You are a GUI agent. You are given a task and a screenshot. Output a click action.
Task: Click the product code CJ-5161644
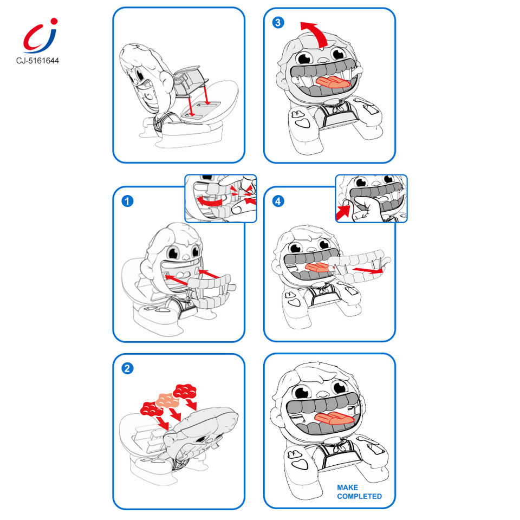click(37, 61)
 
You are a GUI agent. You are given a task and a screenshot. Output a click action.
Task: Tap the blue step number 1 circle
click(127, 201)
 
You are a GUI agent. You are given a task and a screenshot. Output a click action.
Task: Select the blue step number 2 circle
click(127, 368)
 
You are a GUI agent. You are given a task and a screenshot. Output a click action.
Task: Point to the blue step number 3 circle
click(278, 23)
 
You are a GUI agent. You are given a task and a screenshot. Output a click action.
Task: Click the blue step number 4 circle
click(278, 201)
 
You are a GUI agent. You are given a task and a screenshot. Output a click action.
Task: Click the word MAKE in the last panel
click(347, 487)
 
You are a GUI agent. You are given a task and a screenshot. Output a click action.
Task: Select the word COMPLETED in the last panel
click(359, 497)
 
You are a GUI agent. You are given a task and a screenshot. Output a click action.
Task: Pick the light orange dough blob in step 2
click(167, 400)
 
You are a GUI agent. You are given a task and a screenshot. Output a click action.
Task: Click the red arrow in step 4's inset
click(343, 212)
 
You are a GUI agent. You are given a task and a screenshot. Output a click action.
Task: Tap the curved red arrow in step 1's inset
click(209, 201)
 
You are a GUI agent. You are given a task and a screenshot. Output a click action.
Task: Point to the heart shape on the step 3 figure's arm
click(302, 123)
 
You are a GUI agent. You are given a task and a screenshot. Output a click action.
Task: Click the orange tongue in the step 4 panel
click(317, 267)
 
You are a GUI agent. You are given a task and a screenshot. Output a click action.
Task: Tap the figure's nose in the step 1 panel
click(186, 257)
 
